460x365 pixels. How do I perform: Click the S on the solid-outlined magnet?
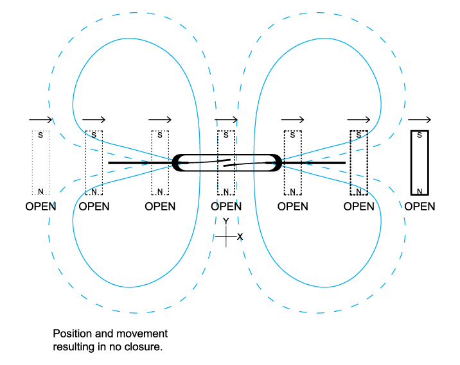420,135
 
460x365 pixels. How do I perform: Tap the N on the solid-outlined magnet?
420,191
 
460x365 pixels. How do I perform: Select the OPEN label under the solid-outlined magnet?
420,207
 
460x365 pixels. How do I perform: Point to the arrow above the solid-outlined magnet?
420,120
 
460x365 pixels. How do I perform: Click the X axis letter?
240,237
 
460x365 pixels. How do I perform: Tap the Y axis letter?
226,221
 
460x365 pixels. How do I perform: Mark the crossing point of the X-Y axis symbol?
226,237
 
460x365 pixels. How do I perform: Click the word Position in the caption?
73,334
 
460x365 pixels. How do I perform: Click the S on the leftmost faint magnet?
40,135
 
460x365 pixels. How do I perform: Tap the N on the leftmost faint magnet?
40,191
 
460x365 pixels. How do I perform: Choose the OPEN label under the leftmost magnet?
40,207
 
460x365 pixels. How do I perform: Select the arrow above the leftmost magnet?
40,120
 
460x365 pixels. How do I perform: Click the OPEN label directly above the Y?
226,207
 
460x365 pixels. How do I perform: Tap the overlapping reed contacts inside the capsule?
226,163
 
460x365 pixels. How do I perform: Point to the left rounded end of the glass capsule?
177,163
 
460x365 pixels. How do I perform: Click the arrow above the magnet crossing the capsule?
226,120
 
